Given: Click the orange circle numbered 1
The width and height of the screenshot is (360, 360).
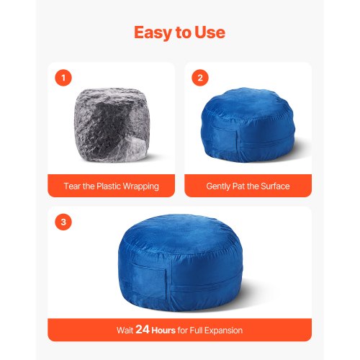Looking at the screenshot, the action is (x=63, y=78).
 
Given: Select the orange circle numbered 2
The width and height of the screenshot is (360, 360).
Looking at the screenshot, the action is (x=200, y=78).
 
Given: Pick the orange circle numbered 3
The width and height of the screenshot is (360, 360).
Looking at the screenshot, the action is (x=63, y=222).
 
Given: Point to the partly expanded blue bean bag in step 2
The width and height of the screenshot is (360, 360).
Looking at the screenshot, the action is (x=248, y=125).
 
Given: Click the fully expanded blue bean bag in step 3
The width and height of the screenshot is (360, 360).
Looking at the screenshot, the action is (x=181, y=263).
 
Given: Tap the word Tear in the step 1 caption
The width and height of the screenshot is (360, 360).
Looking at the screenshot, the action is (x=72, y=186).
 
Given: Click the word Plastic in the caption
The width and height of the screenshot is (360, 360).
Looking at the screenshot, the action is (x=109, y=186).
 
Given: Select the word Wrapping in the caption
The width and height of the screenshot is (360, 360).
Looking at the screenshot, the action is (x=141, y=186).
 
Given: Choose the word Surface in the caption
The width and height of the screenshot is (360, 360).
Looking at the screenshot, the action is (x=275, y=186).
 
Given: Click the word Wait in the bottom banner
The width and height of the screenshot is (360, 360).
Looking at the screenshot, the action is (x=125, y=330).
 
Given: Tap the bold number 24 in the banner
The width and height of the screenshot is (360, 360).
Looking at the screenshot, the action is (x=143, y=330).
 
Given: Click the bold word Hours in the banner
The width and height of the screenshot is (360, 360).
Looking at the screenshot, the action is (x=163, y=330).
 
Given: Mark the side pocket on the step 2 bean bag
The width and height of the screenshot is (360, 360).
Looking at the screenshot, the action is (x=225, y=140).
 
